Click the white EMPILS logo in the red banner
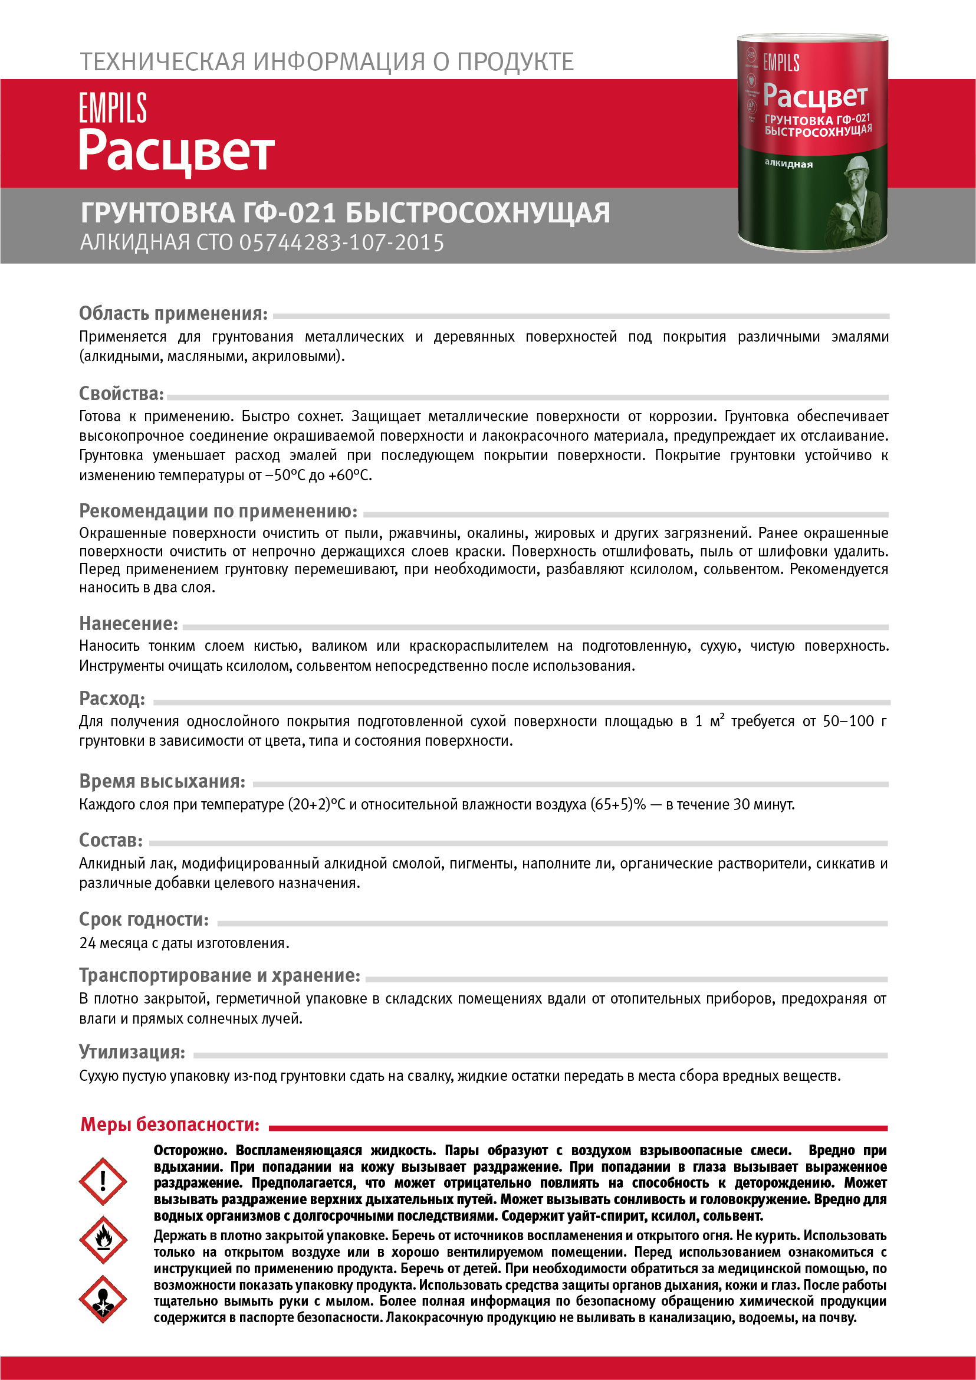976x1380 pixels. [113, 108]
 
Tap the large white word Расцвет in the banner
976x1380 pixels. [177, 151]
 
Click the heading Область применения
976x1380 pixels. [173, 313]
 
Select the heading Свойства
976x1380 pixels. [121, 394]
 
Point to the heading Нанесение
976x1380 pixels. [129, 624]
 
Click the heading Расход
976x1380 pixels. [113, 699]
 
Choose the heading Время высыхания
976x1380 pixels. [162, 781]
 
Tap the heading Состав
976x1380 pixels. [111, 840]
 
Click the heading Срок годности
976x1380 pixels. [144, 919]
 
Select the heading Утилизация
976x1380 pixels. [132, 1052]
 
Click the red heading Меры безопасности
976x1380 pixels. [170, 1125]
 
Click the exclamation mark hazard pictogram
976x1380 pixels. [103, 1181]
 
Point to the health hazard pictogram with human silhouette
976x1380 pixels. [103, 1299]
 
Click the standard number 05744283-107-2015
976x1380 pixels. [341, 243]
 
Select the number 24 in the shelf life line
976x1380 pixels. [88, 943]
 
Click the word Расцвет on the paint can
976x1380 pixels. [814, 96]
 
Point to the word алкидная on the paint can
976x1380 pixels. [788, 163]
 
